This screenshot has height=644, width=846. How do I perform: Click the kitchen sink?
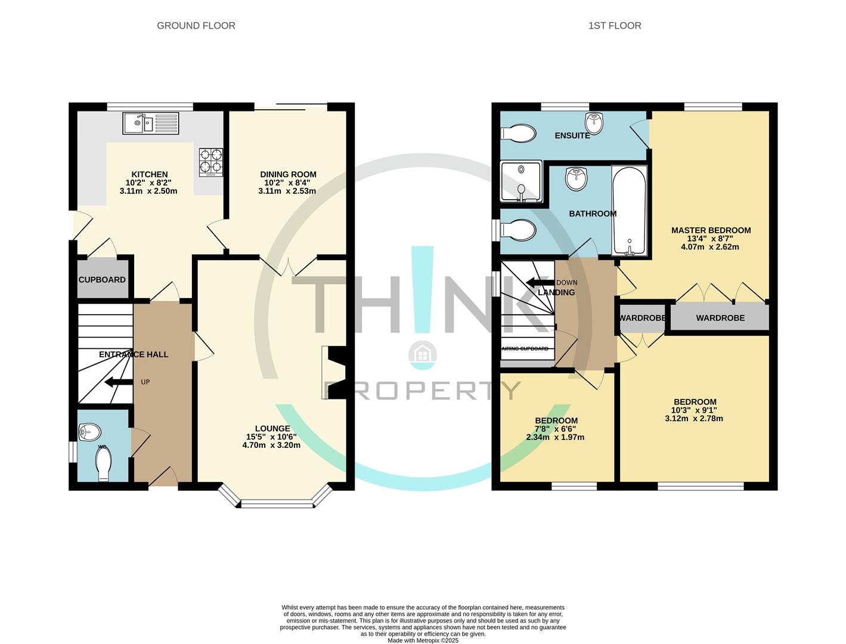(x=151, y=123)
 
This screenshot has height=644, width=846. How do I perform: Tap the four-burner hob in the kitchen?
(x=211, y=162)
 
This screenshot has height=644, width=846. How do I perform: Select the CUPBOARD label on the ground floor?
(x=102, y=280)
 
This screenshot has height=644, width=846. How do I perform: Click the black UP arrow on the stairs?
(x=119, y=382)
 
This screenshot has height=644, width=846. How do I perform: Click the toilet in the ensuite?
(x=519, y=134)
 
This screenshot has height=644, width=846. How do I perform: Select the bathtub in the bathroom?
(x=630, y=211)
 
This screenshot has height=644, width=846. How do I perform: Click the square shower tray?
(x=521, y=181)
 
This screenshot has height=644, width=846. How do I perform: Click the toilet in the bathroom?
(x=519, y=230)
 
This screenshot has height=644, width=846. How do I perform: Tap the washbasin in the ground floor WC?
(x=89, y=432)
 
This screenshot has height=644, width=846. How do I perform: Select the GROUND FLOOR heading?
(x=196, y=26)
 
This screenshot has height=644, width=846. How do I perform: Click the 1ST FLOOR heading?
(x=615, y=26)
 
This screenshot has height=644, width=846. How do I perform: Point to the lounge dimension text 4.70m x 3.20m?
(x=271, y=445)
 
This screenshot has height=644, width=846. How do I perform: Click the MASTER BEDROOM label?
(x=711, y=230)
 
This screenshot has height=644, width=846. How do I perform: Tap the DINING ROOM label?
(x=289, y=175)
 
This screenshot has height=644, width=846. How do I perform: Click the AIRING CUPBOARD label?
(x=525, y=349)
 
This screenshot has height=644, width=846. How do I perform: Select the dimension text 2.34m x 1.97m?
(x=555, y=438)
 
